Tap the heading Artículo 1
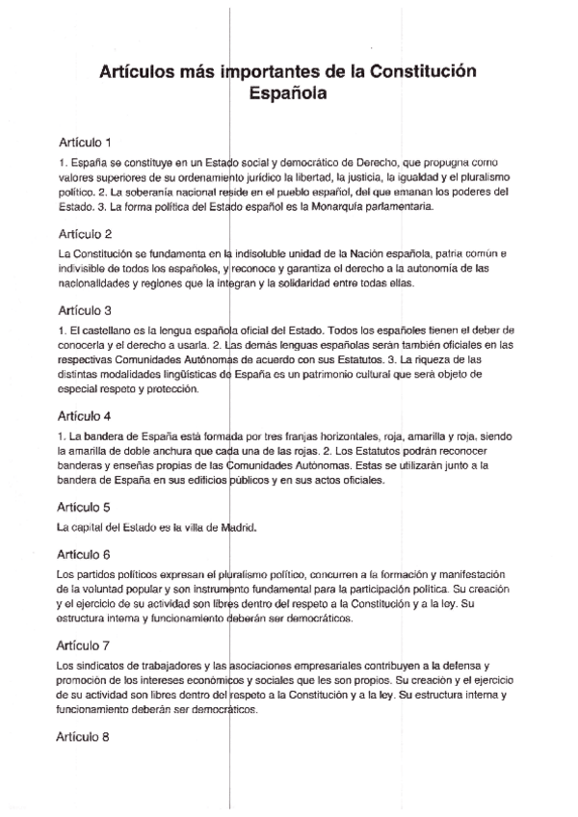[85, 142]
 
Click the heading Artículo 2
[85, 233]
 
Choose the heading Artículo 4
[85, 416]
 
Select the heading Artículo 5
[85, 507]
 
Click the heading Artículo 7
[85, 646]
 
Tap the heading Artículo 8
[85, 737]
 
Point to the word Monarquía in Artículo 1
[328, 206]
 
